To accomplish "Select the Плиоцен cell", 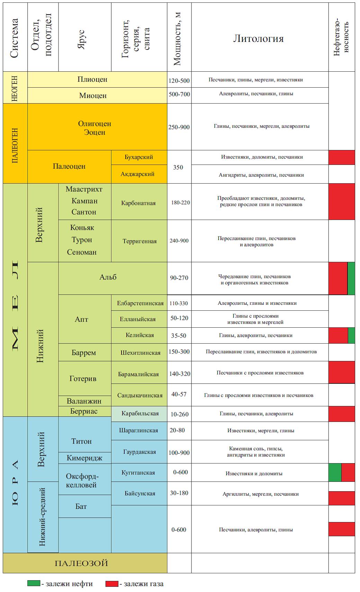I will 92,79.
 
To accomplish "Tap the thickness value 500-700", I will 179,94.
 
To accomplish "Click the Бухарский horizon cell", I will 139,157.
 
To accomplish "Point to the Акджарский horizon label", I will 137,174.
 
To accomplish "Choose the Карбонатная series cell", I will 138,203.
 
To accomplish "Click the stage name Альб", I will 108,277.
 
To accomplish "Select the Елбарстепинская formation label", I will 140,303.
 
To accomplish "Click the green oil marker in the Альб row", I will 351,278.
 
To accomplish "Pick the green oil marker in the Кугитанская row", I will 335,472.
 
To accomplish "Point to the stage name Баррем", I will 84,353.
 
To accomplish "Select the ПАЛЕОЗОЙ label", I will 81,564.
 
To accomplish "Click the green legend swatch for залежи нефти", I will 34,584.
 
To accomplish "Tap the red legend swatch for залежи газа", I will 112,584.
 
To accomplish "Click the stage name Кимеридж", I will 84,458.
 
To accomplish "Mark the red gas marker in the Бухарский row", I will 342,157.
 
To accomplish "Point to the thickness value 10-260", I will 179,414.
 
